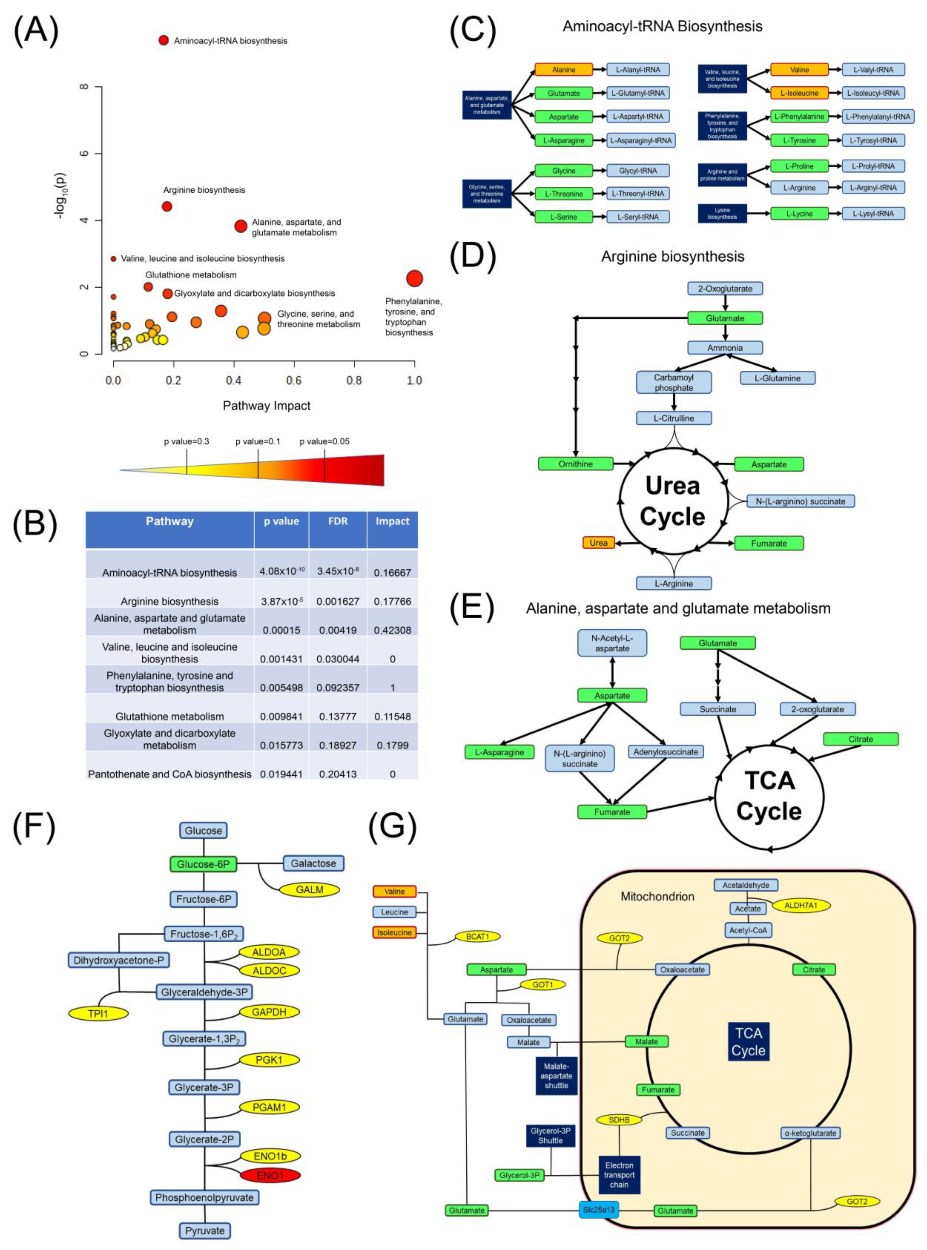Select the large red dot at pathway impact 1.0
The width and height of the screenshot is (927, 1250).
pos(414,278)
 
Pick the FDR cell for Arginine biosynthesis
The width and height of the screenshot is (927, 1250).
pos(338,601)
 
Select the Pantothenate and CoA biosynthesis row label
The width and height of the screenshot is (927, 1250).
pos(169,774)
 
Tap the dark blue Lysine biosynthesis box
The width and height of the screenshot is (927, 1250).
pos(722,213)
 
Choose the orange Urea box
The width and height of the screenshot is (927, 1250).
pos(598,543)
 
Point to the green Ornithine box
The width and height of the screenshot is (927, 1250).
pos(575,464)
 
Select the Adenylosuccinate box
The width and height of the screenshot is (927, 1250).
pos(665,752)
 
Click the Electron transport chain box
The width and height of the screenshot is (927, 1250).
pos(619,1175)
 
